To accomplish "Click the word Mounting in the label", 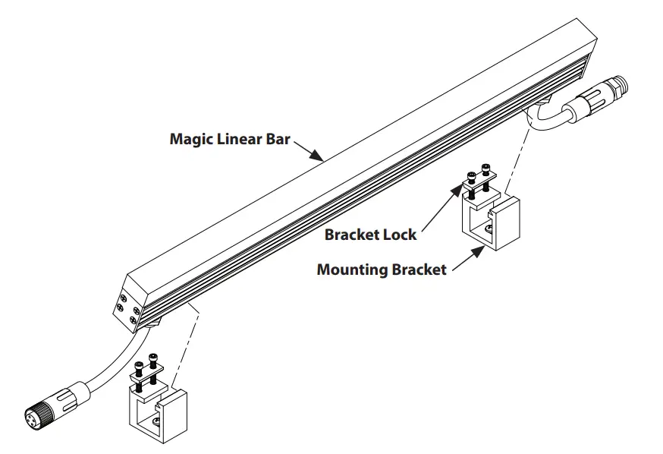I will tap(353, 270).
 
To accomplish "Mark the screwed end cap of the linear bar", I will tap(126, 307).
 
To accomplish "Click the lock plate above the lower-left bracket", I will tap(148, 374).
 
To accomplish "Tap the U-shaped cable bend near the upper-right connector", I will tap(540, 119).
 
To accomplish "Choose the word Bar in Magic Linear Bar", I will tap(277, 140).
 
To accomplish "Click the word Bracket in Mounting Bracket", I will tap(419, 270).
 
